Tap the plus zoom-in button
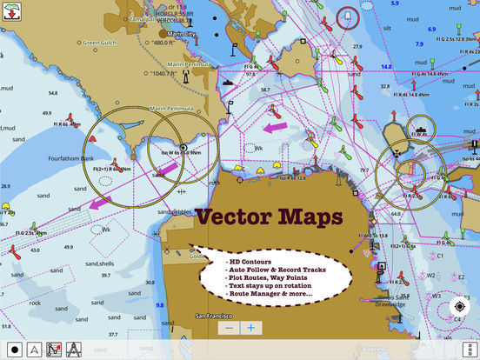click(250, 328)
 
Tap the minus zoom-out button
click(229, 328)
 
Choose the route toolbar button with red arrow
click(54, 350)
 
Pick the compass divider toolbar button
click(75, 350)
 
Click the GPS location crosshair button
click(460, 307)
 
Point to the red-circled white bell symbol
click(348, 17)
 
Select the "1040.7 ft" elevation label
click(175, 75)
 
